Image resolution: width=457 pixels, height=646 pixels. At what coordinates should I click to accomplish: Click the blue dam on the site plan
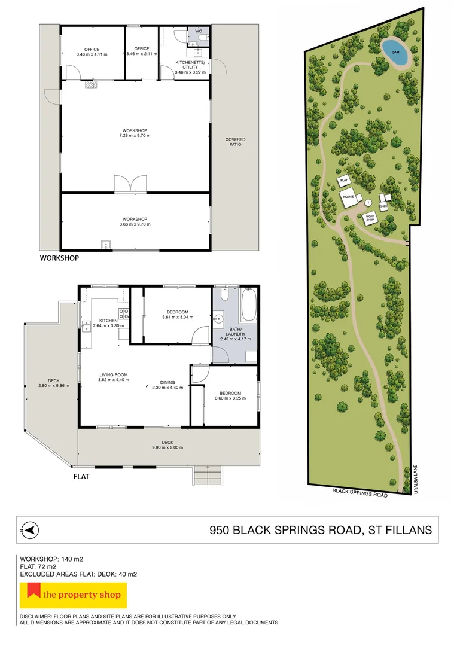tap(395, 52)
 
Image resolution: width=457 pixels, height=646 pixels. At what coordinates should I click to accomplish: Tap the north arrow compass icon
tap(29, 529)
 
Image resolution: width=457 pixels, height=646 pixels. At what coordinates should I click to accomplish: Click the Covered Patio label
tap(235, 142)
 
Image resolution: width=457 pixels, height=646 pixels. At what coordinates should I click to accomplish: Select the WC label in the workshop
tap(199, 31)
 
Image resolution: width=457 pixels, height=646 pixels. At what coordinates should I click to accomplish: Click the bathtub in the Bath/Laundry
tap(249, 305)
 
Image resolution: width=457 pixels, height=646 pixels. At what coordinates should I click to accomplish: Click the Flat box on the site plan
tap(344, 181)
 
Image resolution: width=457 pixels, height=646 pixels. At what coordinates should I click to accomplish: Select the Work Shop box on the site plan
tap(370, 218)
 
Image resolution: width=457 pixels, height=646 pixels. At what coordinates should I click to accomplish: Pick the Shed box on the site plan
tap(383, 206)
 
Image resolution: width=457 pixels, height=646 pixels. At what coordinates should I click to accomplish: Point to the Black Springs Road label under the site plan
tap(360, 493)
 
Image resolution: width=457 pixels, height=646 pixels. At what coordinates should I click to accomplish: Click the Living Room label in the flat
tap(113, 375)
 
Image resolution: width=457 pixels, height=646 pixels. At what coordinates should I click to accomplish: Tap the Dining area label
tap(167, 382)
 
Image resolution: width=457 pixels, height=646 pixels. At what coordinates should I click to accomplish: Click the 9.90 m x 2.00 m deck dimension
tap(167, 447)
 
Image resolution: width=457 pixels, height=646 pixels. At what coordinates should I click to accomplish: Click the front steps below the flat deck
tap(208, 476)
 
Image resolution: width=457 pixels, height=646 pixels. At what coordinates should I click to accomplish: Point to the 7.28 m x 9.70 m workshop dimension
tap(135, 135)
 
